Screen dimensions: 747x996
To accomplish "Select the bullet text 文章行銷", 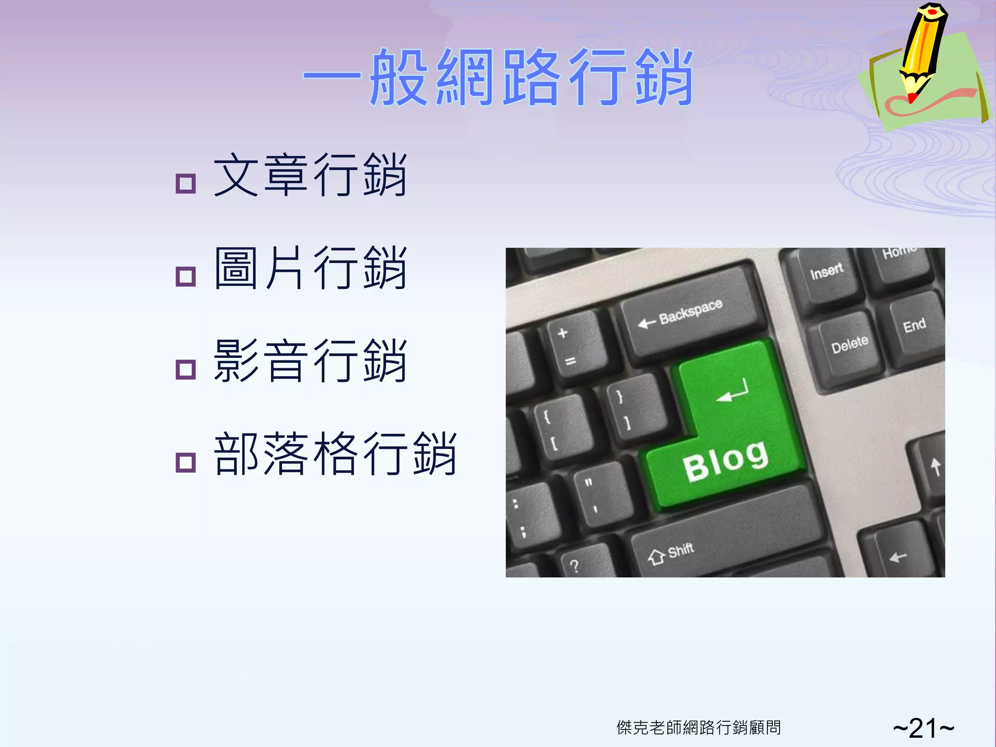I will click(310, 175).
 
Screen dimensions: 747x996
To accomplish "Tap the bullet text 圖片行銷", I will click(310, 268).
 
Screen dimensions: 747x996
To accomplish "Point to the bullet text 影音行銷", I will click(310, 361).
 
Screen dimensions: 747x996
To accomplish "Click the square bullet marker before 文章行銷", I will click(185, 184).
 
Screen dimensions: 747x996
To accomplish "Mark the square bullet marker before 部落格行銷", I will click(185, 462).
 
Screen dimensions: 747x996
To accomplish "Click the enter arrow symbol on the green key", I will click(732, 391).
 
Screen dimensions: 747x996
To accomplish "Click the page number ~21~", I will click(923, 728).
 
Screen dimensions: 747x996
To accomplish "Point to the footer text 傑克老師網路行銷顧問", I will click(698, 728).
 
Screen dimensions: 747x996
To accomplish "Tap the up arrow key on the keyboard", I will click(935, 467).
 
